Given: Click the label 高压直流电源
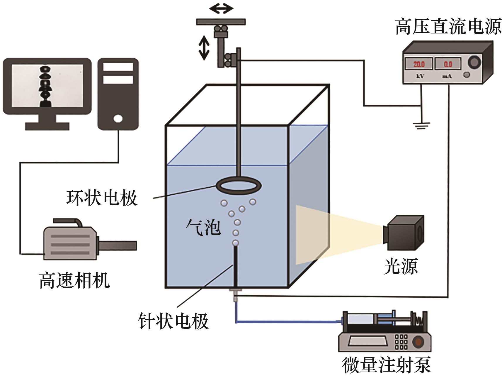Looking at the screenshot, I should pos(448,27).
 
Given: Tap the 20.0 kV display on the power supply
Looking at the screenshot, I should pos(419,64).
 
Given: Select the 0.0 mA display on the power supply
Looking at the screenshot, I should pos(447,64).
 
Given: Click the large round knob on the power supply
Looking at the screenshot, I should pos(474,62).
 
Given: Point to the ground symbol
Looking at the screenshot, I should pos(421,126).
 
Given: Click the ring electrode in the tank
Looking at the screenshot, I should pos(239,185).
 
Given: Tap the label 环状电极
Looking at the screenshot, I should pos(102,198).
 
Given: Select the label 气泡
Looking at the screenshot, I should pos(203,227).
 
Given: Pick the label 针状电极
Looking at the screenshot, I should pos(173,321).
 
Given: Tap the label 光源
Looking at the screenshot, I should pos(401,266).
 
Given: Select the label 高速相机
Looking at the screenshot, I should pos(74,280).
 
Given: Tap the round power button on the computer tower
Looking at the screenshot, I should pos(118,119).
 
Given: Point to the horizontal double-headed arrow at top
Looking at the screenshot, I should pos(221,9).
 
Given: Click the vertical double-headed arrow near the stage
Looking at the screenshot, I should pos(204,49).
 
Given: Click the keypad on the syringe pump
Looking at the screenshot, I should pos(401,342).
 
